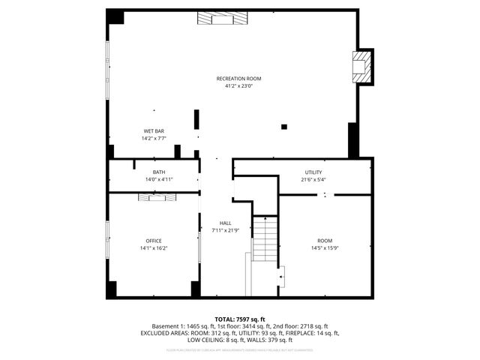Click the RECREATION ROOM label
click(x=238, y=79)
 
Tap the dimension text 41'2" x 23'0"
click(x=238, y=86)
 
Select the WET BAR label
click(x=154, y=131)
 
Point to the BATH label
click(x=159, y=172)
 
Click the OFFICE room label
click(x=154, y=241)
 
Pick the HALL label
click(x=225, y=223)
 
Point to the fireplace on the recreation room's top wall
click(x=222, y=19)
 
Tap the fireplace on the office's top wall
click(x=156, y=197)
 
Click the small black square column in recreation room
click(x=283, y=126)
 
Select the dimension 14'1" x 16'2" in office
click(x=154, y=248)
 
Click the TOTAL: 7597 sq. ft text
click(x=240, y=319)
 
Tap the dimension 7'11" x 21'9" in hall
click(x=225, y=231)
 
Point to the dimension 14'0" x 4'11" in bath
click(x=159, y=180)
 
